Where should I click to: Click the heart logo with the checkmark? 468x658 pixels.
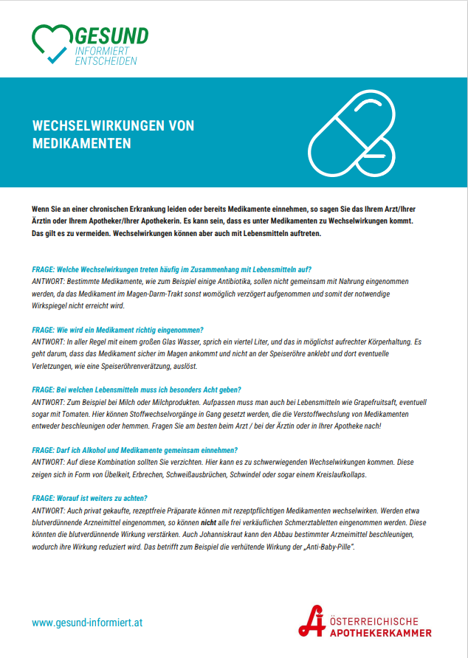point(52,44)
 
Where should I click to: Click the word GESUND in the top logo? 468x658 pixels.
point(112,35)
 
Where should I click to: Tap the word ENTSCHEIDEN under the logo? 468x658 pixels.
point(106,62)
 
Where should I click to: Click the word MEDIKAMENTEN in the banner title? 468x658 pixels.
point(82,143)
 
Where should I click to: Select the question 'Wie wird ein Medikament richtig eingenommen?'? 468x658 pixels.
point(118,329)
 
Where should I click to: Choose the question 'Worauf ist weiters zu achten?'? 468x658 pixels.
point(90,498)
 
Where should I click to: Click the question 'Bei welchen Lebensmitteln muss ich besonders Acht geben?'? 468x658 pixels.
point(137,389)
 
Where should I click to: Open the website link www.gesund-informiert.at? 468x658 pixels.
point(87,623)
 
